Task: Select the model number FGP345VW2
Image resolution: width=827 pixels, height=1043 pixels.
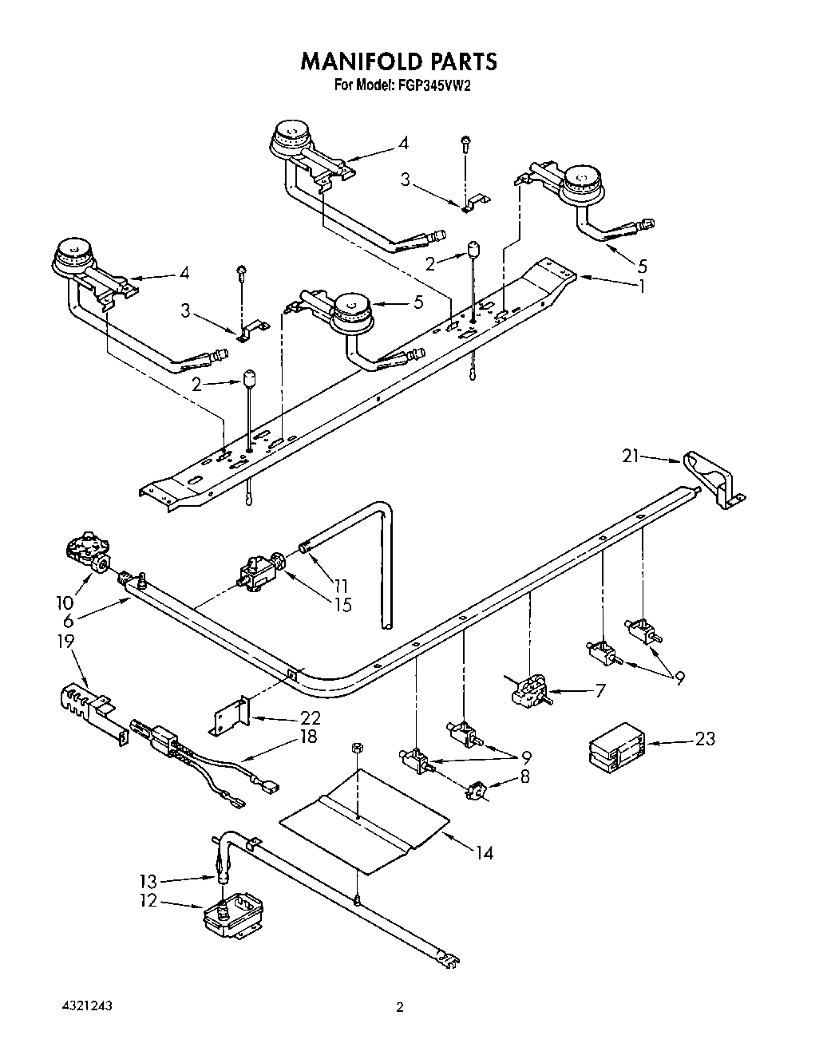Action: tap(431, 85)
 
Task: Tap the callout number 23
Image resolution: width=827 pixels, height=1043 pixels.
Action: tap(705, 738)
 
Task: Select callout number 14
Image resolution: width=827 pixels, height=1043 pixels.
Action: tap(484, 853)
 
